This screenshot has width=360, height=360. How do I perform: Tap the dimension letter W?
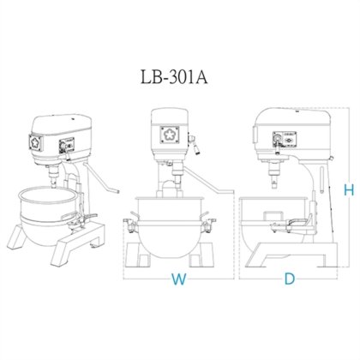click(x=178, y=278)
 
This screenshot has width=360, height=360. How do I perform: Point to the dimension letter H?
click(x=347, y=191)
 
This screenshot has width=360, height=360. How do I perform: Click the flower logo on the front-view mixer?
click(x=168, y=135)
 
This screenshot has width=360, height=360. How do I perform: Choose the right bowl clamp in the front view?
click(x=206, y=226)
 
